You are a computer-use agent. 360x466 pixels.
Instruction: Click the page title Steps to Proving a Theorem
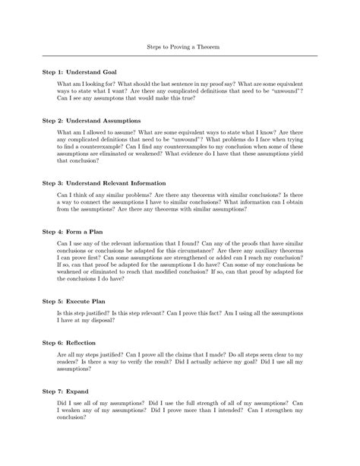(180, 47)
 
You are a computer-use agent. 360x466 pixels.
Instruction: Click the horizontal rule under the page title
(180, 56)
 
